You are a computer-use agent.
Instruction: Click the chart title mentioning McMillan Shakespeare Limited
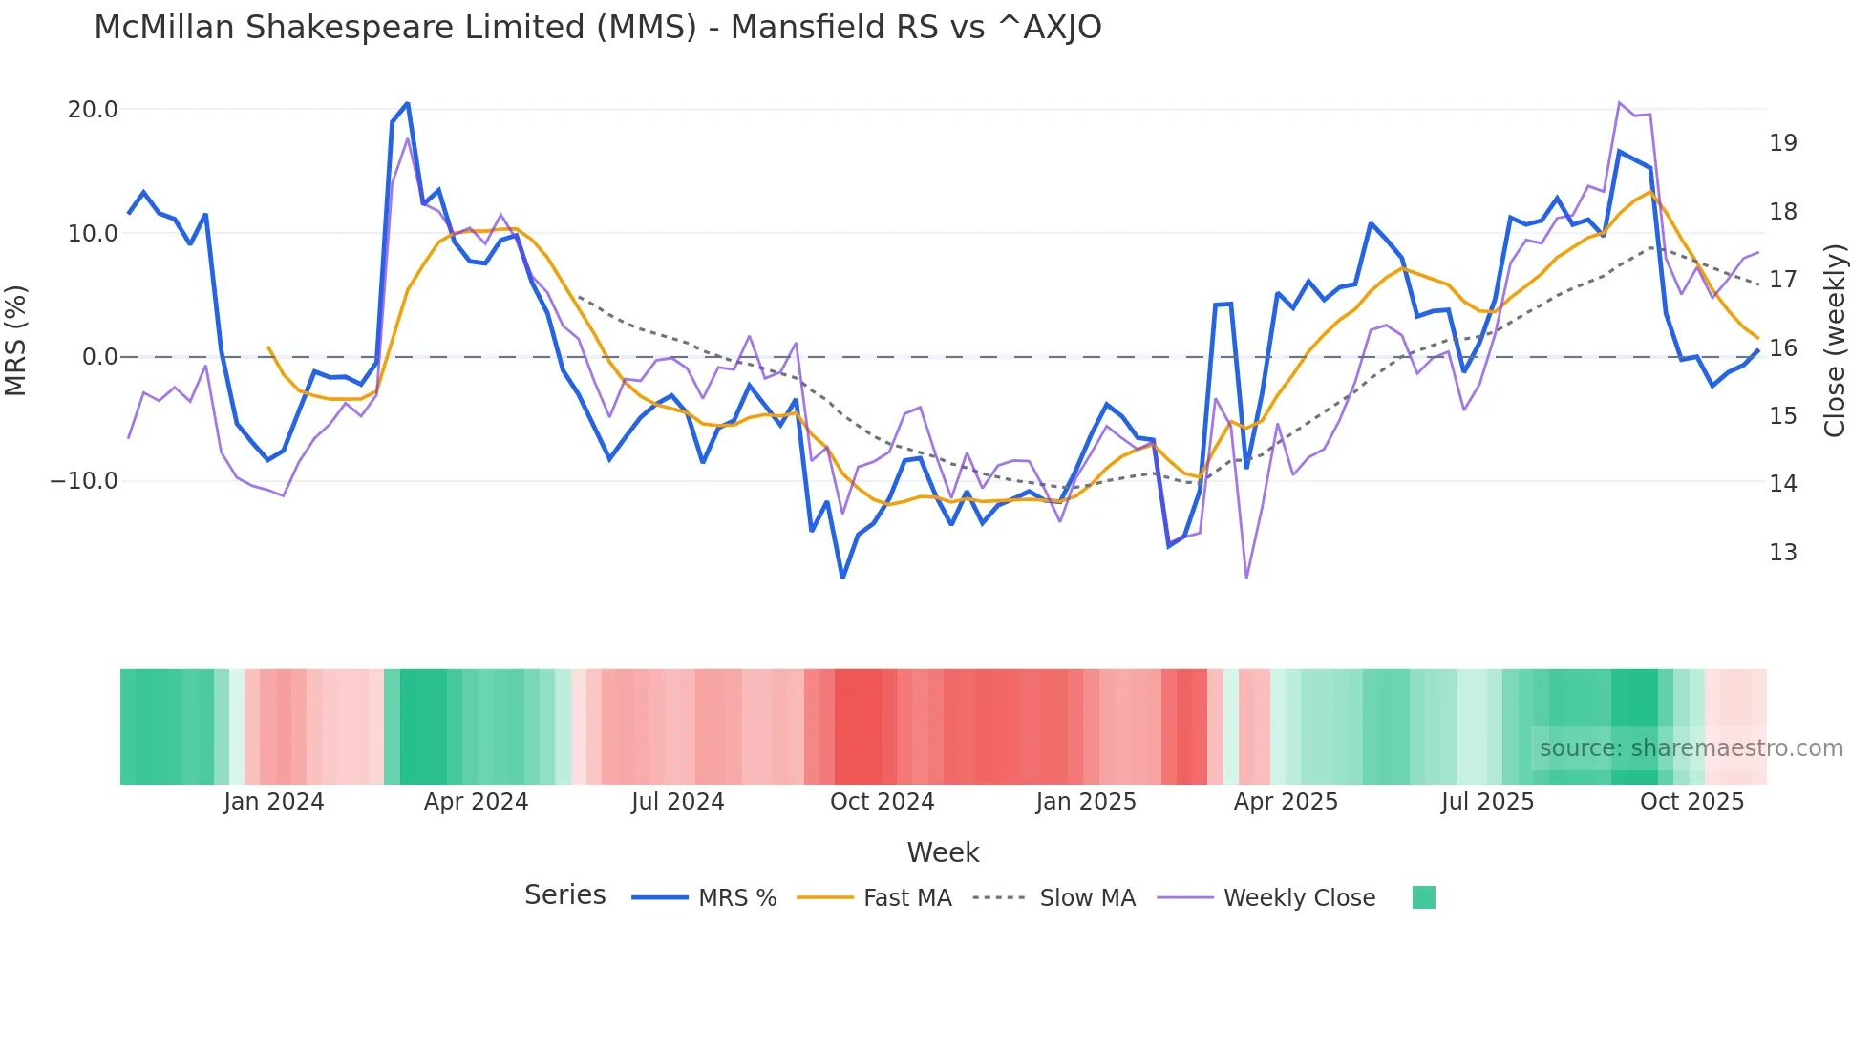pyautogui.click(x=597, y=28)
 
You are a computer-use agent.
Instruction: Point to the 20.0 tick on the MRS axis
pyautogui.click(x=93, y=110)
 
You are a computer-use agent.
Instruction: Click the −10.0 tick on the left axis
pyautogui.click(x=84, y=481)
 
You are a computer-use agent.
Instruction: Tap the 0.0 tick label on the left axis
pyautogui.click(x=99, y=357)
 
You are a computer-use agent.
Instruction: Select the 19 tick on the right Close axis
pyautogui.click(x=1782, y=143)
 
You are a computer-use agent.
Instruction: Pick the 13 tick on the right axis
pyautogui.click(x=1782, y=553)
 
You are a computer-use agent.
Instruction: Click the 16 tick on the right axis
pyautogui.click(x=1782, y=348)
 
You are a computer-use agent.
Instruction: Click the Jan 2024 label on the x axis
pyautogui.click(x=274, y=802)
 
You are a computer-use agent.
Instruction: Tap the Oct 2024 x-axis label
pyautogui.click(x=882, y=802)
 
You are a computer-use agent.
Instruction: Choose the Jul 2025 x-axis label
pyautogui.click(x=1487, y=802)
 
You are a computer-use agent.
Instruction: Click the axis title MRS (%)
pyautogui.click(x=16, y=340)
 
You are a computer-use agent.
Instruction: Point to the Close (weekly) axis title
pyautogui.click(x=1835, y=341)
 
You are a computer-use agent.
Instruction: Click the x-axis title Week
pyautogui.click(x=943, y=852)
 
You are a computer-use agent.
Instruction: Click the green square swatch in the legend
pyautogui.click(x=1423, y=897)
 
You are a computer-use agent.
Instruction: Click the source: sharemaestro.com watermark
pyautogui.click(x=1691, y=748)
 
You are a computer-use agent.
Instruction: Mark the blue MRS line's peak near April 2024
pyautogui.click(x=407, y=103)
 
